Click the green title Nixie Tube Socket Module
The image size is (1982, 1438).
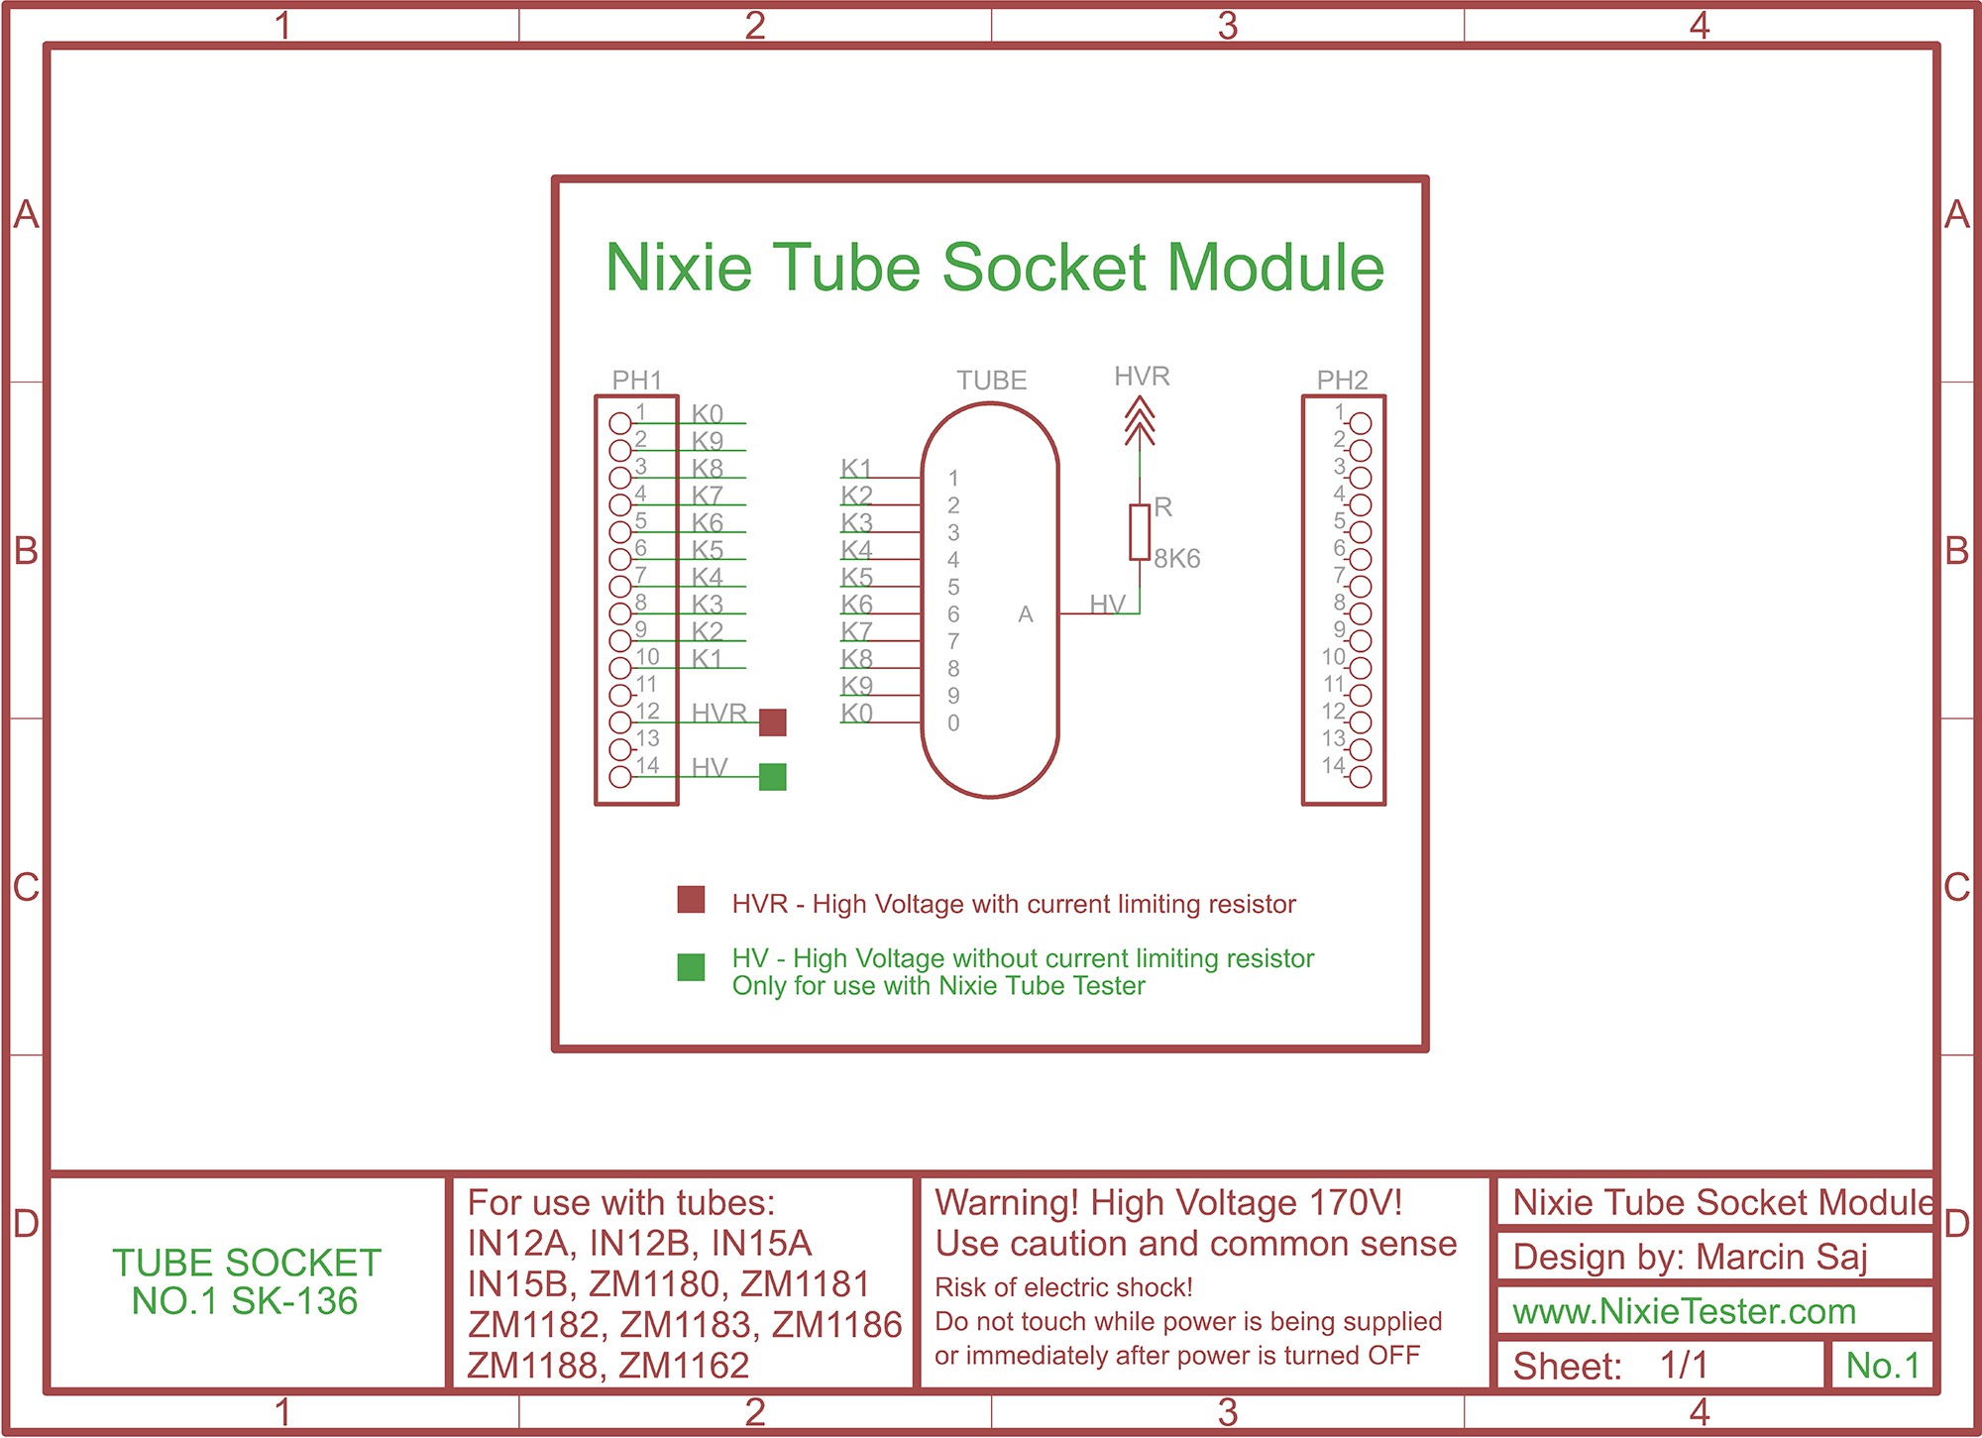995,268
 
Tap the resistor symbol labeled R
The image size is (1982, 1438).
1140,531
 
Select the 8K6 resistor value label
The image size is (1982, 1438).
1177,559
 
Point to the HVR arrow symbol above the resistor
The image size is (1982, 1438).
1140,421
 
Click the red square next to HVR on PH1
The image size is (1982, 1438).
773,722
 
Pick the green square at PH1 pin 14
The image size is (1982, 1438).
773,777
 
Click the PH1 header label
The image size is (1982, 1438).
636,380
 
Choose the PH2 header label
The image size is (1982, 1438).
1342,380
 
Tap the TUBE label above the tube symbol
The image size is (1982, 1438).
991,381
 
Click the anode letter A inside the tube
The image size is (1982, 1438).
1026,614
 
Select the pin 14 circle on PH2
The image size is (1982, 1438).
1362,777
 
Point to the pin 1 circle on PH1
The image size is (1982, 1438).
620,423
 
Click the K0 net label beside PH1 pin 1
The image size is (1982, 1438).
708,413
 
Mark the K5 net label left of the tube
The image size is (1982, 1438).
857,577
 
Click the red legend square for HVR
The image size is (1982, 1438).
691,900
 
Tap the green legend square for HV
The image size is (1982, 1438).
691,967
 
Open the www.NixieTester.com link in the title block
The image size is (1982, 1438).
1684,1312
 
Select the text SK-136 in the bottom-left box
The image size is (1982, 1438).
294,1301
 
